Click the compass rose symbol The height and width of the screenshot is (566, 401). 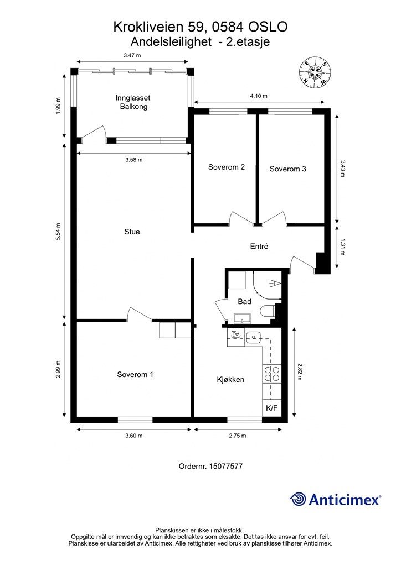pyautogui.click(x=316, y=72)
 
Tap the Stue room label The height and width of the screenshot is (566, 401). pyautogui.click(x=132, y=232)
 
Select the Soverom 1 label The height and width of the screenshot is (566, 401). pyautogui.click(x=135, y=374)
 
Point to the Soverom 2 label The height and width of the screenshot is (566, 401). pyautogui.click(x=227, y=167)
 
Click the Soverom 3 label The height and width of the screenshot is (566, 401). pyautogui.click(x=288, y=169)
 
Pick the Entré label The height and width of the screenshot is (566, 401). pyautogui.click(x=259, y=246)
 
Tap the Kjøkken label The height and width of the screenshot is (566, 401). pyautogui.click(x=231, y=379)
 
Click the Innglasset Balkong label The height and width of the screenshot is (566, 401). pyautogui.click(x=133, y=102)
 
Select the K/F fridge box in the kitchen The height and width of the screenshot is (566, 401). pyautogui.click(x=271, y=408)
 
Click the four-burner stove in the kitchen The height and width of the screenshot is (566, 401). pyautogui.click(x=272, y=374)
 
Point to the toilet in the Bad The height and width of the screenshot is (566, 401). pyautogui.click(x=268, y=311)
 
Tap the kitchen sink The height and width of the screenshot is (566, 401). pyautogui.click(x=254, y=337)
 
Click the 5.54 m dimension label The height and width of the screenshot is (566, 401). pyautogui.click(x=58, y=233)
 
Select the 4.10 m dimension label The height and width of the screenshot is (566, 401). pyautogui.click(x=259, y=96)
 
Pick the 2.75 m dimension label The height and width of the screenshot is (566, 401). pyautogui.click(x=238, y=436)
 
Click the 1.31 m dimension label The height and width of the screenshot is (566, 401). pyautogui.click(x=342, y=248)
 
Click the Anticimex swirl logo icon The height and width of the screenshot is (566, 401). pyautogui.click(x=298, y=499)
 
